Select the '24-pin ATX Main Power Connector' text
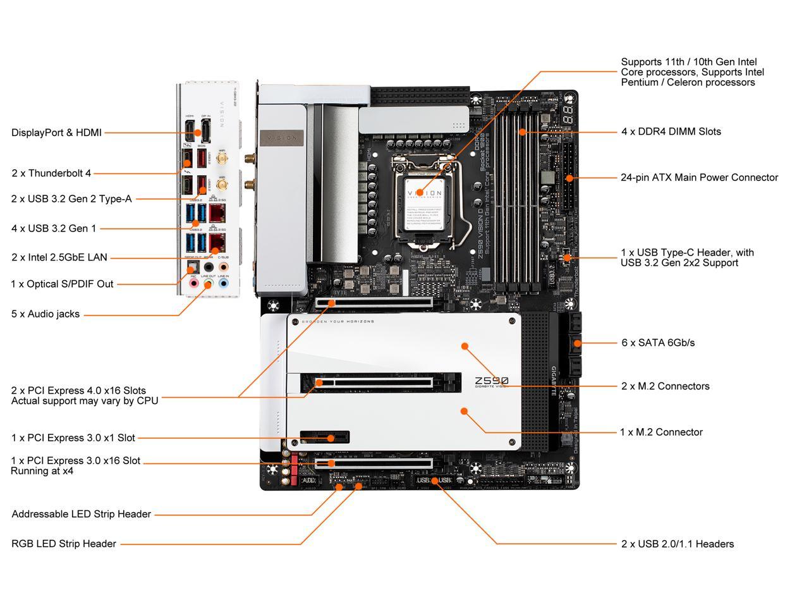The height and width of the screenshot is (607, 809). click(x=699, y=178)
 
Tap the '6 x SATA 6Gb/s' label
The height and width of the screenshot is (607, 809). click(x=657, y=343)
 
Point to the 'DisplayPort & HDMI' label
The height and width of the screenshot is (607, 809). click(x=56, y=133)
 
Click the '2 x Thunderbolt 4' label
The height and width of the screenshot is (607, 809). click(x=51, y=173)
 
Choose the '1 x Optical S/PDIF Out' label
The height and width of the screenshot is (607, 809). click(x=62, y=284)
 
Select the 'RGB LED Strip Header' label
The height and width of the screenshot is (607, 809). click(x=64, y=544)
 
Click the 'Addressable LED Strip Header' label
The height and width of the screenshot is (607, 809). click(x=81, y=514)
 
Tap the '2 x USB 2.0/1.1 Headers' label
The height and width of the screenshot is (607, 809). click(x=677, y=544)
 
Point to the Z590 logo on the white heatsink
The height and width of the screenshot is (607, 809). click(x=491, y=381)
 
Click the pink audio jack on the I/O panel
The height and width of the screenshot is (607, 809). click(x=193, y=284)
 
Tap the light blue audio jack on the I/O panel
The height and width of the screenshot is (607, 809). click(x=223, y=284)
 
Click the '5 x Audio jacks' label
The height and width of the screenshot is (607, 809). click(x=46, y=314)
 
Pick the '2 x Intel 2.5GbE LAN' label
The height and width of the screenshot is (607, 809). click(x=59, y=257)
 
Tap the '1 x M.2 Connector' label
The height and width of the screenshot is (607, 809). click(x=661, y=432)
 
